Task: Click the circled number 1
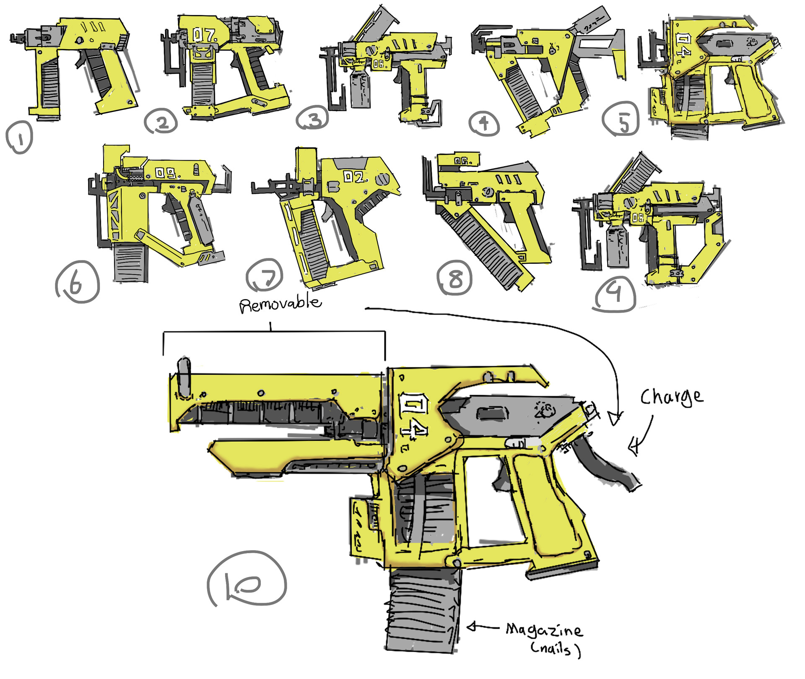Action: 19,137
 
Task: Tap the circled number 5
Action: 621,119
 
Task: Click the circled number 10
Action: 247,579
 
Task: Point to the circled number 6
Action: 77,282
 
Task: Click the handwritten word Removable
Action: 280,303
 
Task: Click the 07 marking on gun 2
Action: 204,35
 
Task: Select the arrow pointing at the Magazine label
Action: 482,627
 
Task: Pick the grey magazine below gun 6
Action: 130,263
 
